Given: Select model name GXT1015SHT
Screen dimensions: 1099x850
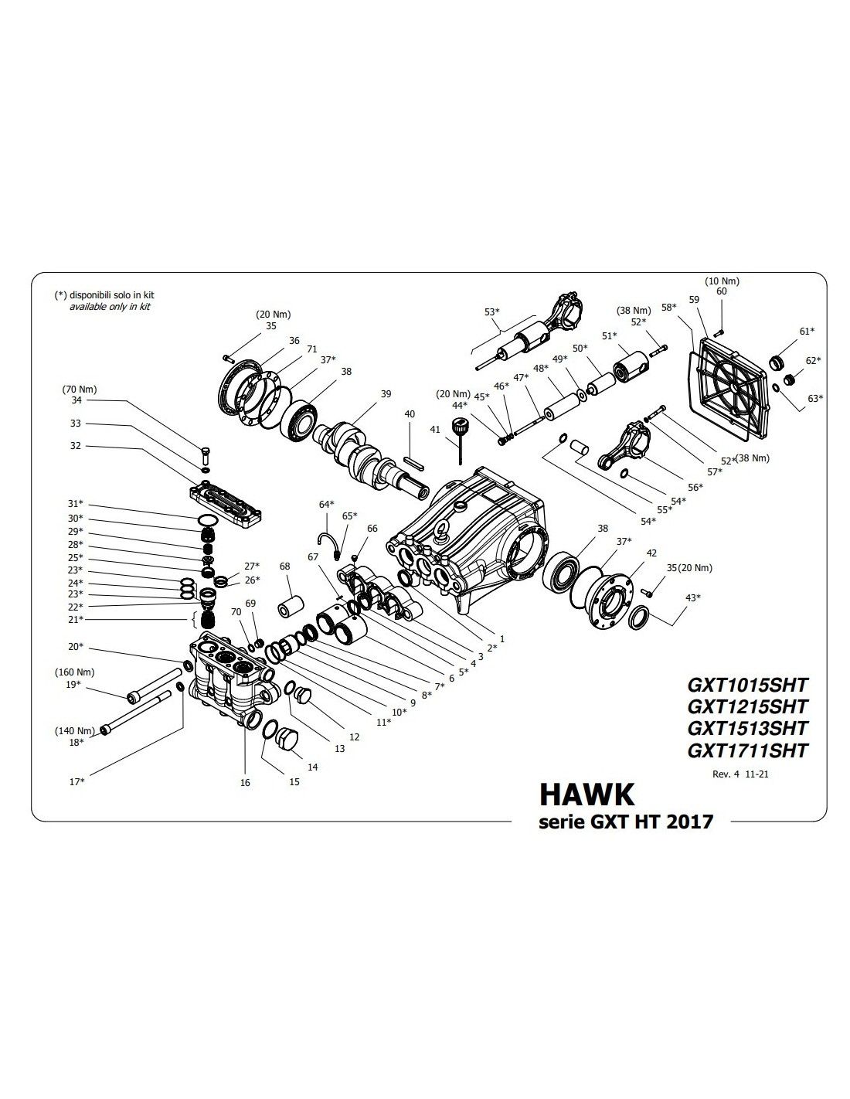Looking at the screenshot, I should point(746,684).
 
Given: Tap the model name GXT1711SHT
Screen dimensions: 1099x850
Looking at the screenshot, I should point(746,750).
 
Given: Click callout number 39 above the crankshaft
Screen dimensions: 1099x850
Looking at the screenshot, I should point(386,394).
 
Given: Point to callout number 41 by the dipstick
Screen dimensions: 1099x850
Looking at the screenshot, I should point(435,429).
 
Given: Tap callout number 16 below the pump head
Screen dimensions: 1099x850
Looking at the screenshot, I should point(245,782).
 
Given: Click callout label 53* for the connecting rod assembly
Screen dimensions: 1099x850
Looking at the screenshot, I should point(492,311).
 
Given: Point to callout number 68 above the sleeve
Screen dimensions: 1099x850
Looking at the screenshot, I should point(285,567).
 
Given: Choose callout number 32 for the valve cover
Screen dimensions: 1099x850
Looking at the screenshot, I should point(75,446).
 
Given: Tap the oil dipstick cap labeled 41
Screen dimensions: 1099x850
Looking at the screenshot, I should point(461,426).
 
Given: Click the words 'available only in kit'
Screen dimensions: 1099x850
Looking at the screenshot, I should point(110,307).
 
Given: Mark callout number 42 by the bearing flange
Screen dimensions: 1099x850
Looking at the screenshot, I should point(651,553).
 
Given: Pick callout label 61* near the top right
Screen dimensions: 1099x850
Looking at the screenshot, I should point(806,331).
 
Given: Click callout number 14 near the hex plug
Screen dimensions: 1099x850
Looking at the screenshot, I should point(312,767).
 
